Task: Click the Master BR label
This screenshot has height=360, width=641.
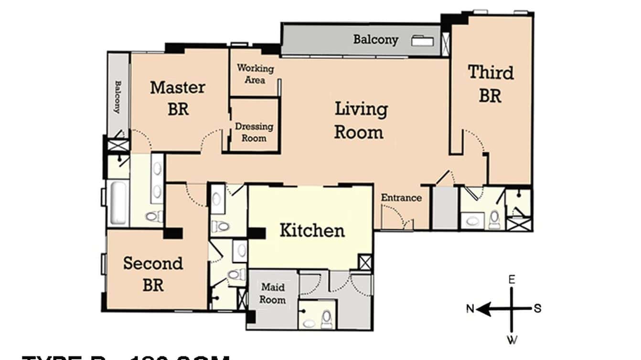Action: point(178,98)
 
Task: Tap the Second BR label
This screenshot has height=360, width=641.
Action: point(153,274)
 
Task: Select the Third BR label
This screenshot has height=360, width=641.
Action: point(491,84)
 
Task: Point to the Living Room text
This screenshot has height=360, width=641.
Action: point(360,120)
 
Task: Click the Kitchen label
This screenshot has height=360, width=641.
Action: point(311,231)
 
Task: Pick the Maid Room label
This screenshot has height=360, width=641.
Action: point(273,294)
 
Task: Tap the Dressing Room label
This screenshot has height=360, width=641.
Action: point(254,132)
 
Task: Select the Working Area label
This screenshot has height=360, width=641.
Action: point(255,74)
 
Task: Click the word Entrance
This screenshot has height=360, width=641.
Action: point(401,198)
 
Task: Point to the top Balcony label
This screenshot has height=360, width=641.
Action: point(375,39)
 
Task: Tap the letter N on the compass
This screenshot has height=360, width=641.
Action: point(470,309)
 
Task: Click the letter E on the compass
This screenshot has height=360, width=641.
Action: point(512,279)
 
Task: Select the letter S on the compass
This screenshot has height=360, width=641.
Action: point(537,308)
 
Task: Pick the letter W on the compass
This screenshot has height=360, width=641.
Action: point(512,340)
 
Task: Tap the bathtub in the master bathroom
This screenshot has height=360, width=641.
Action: point(118,203)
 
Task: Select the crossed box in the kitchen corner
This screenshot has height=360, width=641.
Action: point(365,262)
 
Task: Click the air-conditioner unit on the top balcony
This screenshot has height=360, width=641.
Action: point(423,41)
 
